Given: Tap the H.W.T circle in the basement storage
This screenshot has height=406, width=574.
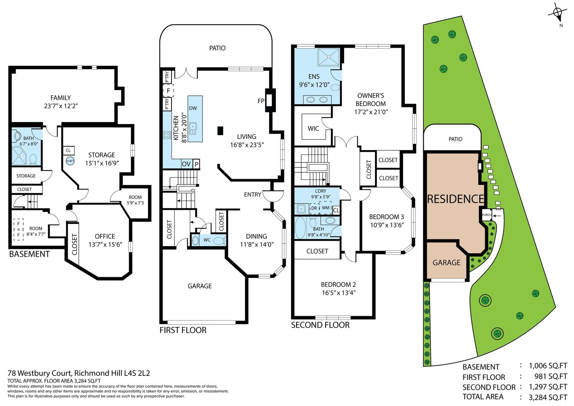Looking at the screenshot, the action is coord(70,161).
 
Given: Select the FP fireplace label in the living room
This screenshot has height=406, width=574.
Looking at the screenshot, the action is coord(261,101).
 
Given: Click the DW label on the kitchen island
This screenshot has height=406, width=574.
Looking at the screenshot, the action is coord(193,108).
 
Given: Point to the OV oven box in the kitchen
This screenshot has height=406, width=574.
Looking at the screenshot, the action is coord(186,164).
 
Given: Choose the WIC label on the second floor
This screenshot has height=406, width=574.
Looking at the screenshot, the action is coord(313,129).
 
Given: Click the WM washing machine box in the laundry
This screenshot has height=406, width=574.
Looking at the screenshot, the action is coord(326,208).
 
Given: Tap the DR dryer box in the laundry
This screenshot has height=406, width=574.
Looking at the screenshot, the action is coord(314,209).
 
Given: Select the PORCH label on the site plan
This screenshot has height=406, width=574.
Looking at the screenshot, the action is coord(487,215).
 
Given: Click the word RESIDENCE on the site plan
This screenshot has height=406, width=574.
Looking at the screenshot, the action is coord(456,199).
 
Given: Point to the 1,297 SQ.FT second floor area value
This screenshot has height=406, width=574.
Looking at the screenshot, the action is coord(548,386).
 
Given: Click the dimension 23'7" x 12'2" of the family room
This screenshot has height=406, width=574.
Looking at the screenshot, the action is coord(61,106).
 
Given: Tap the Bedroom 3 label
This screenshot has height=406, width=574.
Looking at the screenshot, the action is coord(386,217).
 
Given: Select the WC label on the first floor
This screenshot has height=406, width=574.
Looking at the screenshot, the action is coord(207,240).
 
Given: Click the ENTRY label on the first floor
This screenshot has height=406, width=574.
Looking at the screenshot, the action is coord(253,194).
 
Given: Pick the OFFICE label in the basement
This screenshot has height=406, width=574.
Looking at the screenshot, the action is coord(105,236).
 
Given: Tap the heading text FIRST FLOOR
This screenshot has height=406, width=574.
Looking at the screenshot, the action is coord(183,330).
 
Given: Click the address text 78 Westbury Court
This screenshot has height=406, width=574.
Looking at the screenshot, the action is coord(39,373).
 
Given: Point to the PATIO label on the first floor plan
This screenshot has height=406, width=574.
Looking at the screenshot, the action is coord(217,48).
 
